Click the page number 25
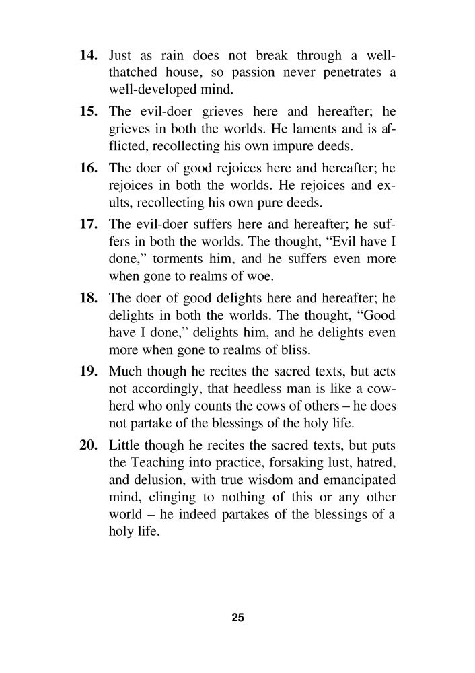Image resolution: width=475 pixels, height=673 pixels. click(238, 617)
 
